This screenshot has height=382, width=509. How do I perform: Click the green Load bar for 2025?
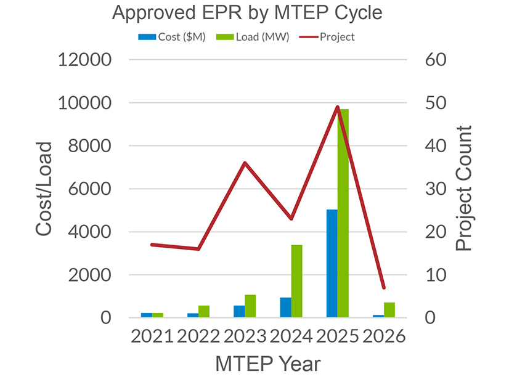coord(343,213)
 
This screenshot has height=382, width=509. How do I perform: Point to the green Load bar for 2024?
coord(297,281)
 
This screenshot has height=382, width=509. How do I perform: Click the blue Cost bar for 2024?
coord(286,307)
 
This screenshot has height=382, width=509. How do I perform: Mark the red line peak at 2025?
coord(338,107)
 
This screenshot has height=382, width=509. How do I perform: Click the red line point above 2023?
coord(245,163)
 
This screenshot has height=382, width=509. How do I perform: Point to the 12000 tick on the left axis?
coord(84,60)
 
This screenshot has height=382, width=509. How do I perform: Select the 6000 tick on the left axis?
coord(89,189)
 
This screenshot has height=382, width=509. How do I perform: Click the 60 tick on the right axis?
coord(436,60)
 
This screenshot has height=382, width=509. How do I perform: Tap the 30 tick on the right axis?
coord(436,189)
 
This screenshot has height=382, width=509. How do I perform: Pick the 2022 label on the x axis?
coord(198,338)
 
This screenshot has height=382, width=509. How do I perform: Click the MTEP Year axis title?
coord(267,364)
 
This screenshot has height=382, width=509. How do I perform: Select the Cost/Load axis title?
coord(44,189)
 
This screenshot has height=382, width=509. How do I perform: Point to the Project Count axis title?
coord(463,189)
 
